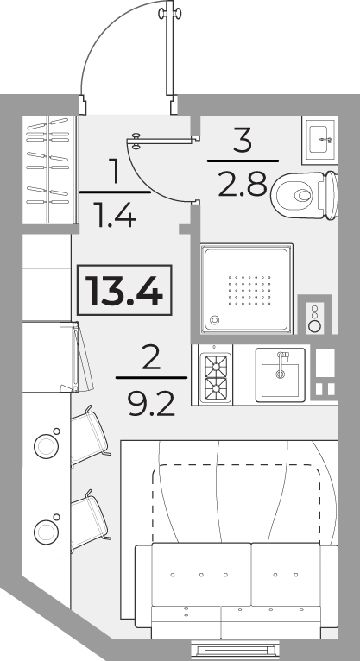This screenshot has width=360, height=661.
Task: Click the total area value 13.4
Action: [x=124, y=290]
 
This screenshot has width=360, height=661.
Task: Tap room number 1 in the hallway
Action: [x=115, y=170]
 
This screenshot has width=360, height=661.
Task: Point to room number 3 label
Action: [x=243, y=140]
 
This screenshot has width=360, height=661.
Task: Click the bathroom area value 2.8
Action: [x=243, y=184]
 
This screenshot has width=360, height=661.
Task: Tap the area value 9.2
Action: [x=151, y=404]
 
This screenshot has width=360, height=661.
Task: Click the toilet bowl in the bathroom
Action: [x=305, y=195]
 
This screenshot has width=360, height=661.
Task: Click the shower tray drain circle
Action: [x=215, y=320]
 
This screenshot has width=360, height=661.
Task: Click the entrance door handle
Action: [x=170, y=14]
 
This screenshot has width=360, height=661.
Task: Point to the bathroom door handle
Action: [x=136, y=141]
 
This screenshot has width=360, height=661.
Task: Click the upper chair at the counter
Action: [x=90, y=437]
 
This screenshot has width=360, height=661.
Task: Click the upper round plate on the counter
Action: [x=46, y=446]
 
